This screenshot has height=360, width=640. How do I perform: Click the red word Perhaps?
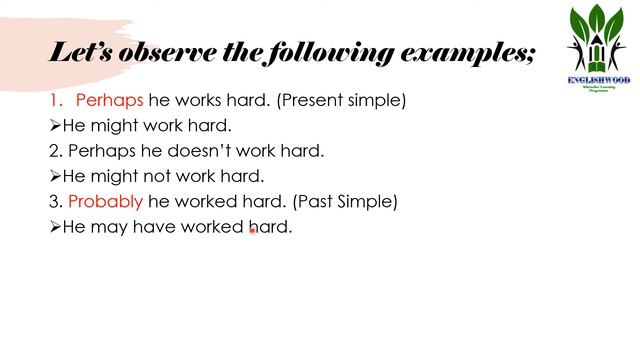(110, 101)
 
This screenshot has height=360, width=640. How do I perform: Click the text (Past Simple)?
(345, 201)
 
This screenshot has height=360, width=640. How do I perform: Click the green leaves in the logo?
(598, 27)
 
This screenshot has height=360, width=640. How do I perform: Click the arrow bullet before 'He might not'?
(55, 177)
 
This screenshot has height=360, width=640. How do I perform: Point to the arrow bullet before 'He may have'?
(55, 227)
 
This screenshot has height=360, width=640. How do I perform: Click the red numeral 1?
(55, 101)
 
